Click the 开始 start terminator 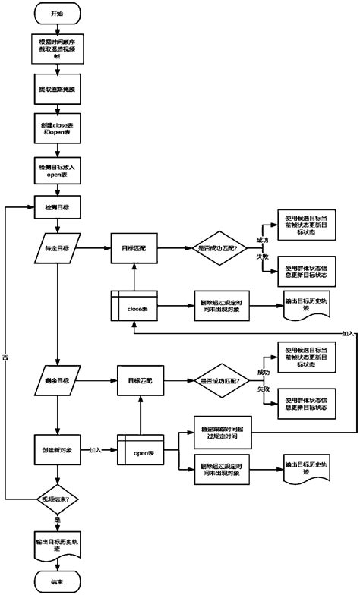58,14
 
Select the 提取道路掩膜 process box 58,89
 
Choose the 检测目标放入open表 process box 58,169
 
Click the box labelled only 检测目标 58,206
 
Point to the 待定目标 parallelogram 58,247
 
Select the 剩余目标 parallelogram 58,379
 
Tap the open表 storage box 141,453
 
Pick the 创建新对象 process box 58,452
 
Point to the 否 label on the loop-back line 6,356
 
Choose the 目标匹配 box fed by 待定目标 134,247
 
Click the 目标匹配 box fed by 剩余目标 140,379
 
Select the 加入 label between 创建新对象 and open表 96,449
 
